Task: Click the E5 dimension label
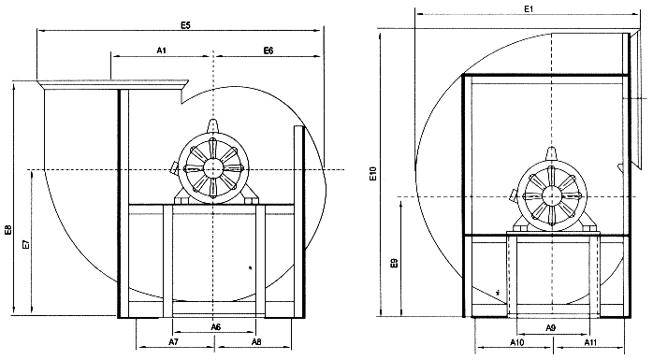pos(185,25)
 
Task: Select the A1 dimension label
pos(162,50)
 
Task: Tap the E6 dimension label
pos(268,50)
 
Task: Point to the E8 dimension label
pos(8,230)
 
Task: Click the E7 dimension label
pos(26,244)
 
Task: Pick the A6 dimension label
pos(215,327)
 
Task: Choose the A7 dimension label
pos(174,341)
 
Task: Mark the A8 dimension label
pos(256,341)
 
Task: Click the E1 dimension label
pos(529,8)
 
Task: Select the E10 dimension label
pos(373,174)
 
